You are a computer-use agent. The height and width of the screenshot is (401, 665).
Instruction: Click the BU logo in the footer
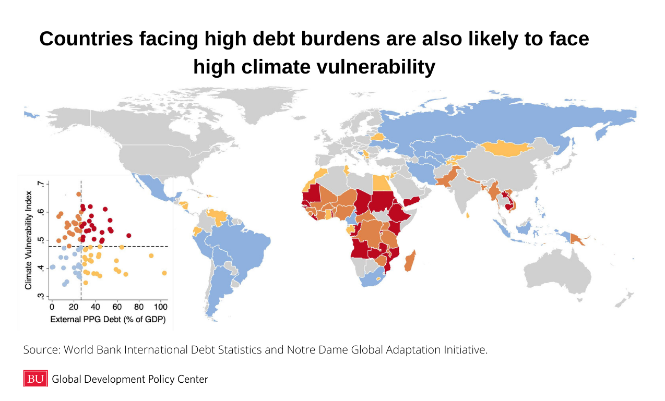click(x=35, y=379)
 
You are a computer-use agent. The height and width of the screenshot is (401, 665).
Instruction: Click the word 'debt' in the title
click(x=274, y=39)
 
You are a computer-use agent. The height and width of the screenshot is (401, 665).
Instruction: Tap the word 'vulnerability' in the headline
click(x=376, y=67)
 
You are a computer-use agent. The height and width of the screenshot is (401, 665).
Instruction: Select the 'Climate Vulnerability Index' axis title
click(x=28, y=240)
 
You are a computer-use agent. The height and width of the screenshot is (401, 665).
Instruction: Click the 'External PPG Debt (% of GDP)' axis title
click(x=108, y=320)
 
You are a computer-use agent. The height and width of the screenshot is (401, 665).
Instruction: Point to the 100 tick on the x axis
click(x=161, y=307)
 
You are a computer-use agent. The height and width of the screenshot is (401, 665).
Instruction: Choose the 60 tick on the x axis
click(x=117, y=307)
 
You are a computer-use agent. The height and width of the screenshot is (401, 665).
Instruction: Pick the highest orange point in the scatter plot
click(x=79, y=195)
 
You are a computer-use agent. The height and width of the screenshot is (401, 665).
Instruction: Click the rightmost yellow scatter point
click(x=164, y=273)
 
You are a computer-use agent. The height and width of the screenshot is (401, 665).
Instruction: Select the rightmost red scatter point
click(x=128, y=236)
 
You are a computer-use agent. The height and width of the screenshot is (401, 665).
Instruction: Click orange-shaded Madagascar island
click(x=410, y=261)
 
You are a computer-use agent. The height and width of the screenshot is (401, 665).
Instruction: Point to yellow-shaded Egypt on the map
click(x=382, y=183)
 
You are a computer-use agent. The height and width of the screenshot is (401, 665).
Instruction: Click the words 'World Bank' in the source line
click(x=92, y=350)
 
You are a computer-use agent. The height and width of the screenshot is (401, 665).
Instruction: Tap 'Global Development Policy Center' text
click(x=130, y=379)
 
